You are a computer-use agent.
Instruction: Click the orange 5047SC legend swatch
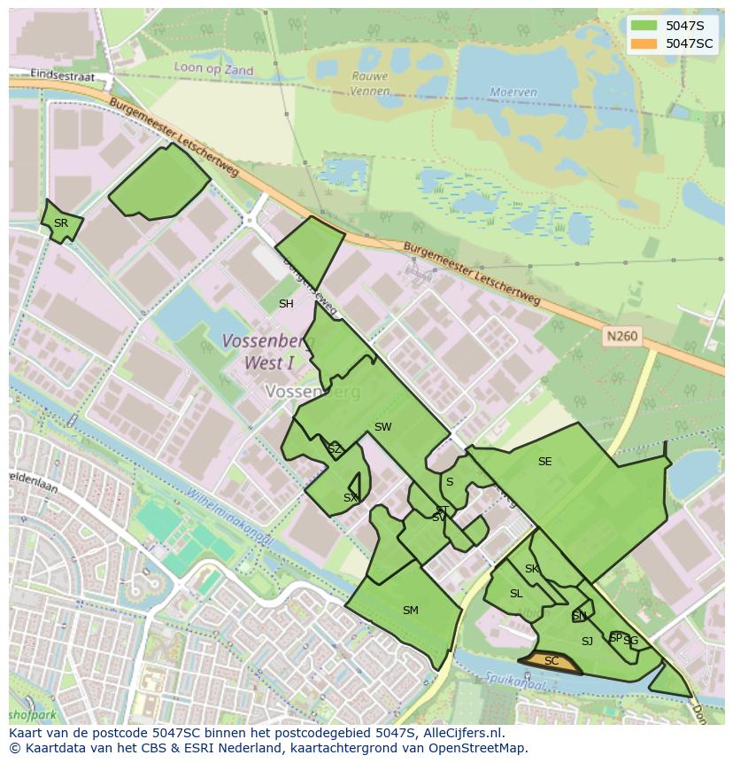644,43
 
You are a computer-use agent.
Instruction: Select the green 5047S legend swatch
644,26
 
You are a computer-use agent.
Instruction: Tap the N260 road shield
621,337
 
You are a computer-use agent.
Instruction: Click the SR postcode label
60,223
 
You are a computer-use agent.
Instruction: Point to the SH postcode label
286,304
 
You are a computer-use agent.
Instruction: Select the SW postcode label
382,427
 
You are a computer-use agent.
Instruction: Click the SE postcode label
544,462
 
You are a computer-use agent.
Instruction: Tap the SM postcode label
410,611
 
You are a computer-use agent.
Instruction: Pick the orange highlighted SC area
550,662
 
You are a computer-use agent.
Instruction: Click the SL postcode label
516,594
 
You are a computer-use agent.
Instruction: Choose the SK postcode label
531,569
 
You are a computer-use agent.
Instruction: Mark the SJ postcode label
587,642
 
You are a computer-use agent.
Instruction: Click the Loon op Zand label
213,70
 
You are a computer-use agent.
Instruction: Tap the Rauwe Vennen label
369,82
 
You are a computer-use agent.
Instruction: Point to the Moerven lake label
513,92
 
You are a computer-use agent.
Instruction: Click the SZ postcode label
334,449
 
